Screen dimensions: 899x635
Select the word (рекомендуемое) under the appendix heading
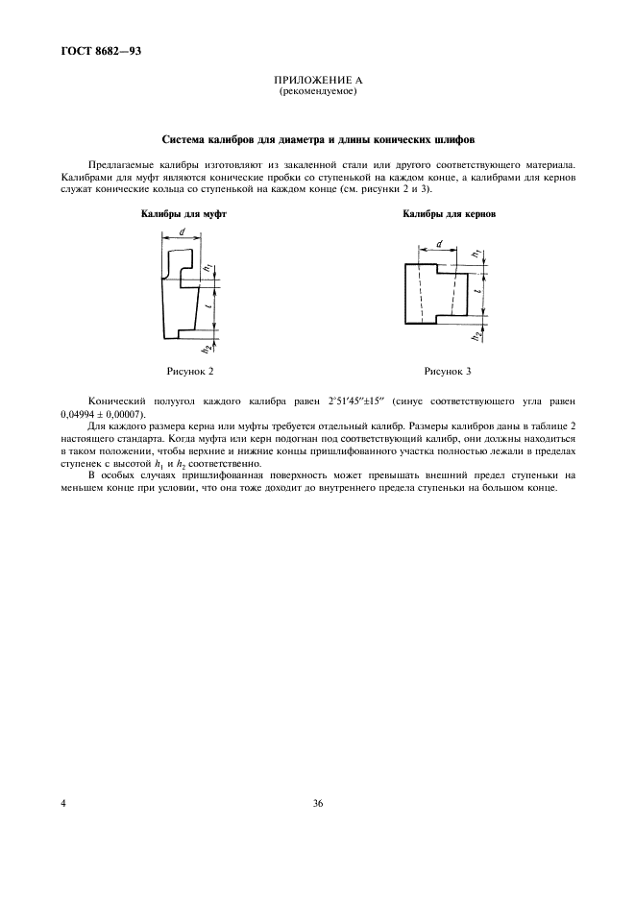[317, 92]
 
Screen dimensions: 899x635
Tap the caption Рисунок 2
[190, 369]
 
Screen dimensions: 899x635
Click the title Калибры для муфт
[183, 215]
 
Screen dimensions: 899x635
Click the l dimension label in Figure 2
[208, 304]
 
